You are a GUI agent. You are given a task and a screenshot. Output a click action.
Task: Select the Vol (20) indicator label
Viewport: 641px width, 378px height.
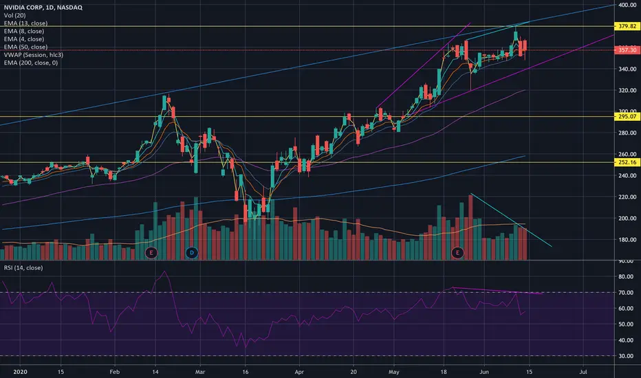tap(14, 16)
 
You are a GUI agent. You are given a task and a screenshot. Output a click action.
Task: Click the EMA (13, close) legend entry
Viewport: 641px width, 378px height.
tap(25, 23)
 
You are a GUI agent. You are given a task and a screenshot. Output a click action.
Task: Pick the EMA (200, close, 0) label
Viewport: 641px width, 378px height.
tap(31, 63)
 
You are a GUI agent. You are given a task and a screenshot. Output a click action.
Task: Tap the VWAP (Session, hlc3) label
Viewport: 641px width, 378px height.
tap(34, 55)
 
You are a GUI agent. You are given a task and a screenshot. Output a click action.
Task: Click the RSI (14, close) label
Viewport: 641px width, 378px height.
tap(23, 267)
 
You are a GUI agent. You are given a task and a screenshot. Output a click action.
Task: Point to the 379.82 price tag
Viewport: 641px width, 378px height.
tap(627, 26)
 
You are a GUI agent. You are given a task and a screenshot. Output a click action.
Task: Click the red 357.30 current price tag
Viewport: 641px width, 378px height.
tap(627, 50)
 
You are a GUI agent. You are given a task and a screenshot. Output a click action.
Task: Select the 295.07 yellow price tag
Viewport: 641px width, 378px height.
tap(627, 116)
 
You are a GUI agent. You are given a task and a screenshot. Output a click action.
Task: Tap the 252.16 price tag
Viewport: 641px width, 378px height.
tap(627, 162)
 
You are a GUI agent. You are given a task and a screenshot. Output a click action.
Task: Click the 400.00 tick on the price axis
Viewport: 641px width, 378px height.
tap(627, 5)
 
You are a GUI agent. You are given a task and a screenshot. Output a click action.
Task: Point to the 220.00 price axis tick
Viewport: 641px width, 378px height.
tap(627, 197)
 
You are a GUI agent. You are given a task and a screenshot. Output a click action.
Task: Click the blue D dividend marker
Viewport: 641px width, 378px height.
tap(192, 253)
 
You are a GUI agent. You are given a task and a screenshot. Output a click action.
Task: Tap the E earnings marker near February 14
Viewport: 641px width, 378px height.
tap(151, 253)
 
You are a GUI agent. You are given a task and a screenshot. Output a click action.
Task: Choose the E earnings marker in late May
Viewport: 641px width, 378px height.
tap(457, 253)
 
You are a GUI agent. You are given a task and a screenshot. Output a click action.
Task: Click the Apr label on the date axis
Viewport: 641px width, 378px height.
tap(299, 372)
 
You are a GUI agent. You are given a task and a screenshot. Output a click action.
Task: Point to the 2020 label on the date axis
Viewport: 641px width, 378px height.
tap(20, 372)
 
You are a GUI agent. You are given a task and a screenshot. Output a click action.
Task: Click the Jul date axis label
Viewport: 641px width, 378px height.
tap(583, 372)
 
